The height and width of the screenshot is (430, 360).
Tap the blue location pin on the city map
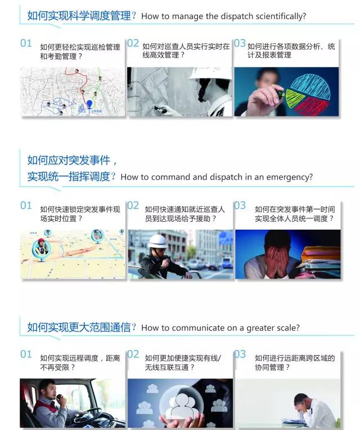(89, 105)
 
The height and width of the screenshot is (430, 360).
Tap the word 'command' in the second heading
(170, 177)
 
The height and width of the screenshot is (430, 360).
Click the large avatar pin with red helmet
(41, 249)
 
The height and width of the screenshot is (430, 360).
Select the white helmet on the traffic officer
(157, 241)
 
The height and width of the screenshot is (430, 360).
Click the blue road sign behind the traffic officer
(226, 237)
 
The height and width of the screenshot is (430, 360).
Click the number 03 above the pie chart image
(240, 43)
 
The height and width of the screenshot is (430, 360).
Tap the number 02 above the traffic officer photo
(133, 205)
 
